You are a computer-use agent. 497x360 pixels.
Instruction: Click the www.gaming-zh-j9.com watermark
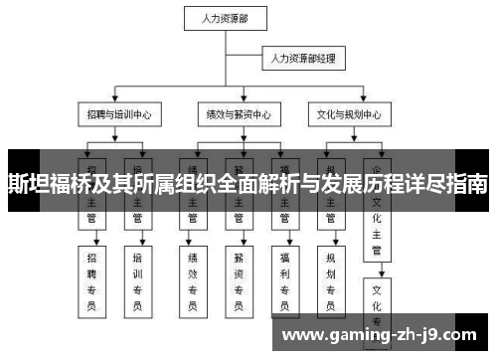point(387,334)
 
